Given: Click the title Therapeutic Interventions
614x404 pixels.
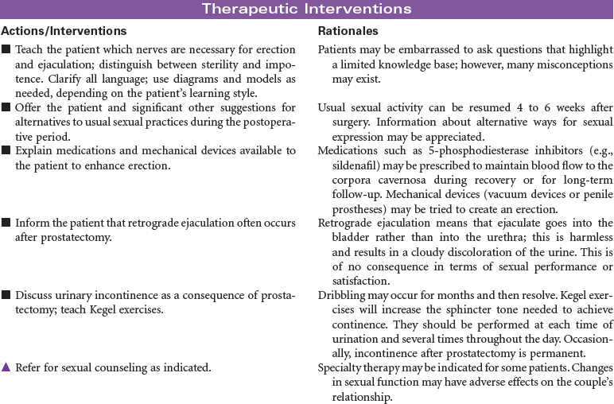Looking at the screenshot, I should pos(306,9).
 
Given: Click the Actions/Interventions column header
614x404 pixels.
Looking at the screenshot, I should pos(64,31).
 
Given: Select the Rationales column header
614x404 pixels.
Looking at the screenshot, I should pos(348,31).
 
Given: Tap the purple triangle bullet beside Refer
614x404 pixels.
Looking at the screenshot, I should pos(6,367).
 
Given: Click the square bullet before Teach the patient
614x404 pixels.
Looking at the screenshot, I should pos(6,50).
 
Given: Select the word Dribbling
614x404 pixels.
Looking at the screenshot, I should pos(343,295).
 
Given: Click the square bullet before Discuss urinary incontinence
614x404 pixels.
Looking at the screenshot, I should pos(6,295).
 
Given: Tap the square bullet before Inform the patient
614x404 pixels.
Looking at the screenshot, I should pos(6,223).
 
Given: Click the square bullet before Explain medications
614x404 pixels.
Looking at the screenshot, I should pos(6,151).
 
